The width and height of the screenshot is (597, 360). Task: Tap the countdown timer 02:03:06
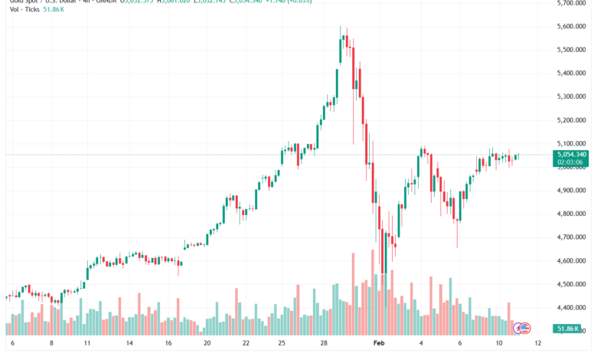click(x=570, y=162)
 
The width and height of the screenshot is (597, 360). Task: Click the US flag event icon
click(x=524, y=328)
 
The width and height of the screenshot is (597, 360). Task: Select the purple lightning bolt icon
click(x=517, y=328)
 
